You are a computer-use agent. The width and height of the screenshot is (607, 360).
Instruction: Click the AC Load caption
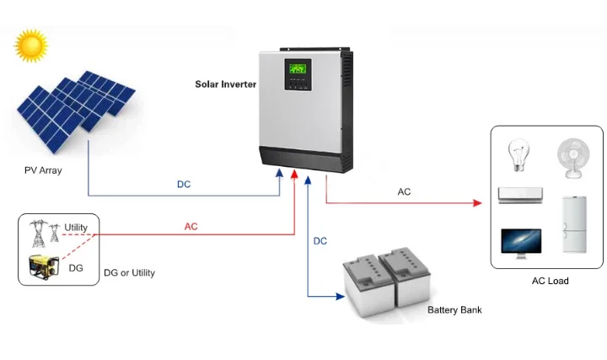[550, 281]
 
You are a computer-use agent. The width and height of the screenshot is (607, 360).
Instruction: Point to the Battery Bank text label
[454, 310]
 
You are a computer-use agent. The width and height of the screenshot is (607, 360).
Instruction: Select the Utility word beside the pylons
[76, 228]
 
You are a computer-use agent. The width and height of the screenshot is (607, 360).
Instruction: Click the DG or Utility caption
[129, 273]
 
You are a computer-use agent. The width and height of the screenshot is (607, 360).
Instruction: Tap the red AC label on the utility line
[191, 227]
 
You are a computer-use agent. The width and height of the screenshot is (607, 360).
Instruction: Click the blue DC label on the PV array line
[184, 185]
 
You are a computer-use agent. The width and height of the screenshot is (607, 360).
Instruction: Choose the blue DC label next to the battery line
[320, 241]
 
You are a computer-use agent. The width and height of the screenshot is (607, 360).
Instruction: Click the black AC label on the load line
[404, 191]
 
